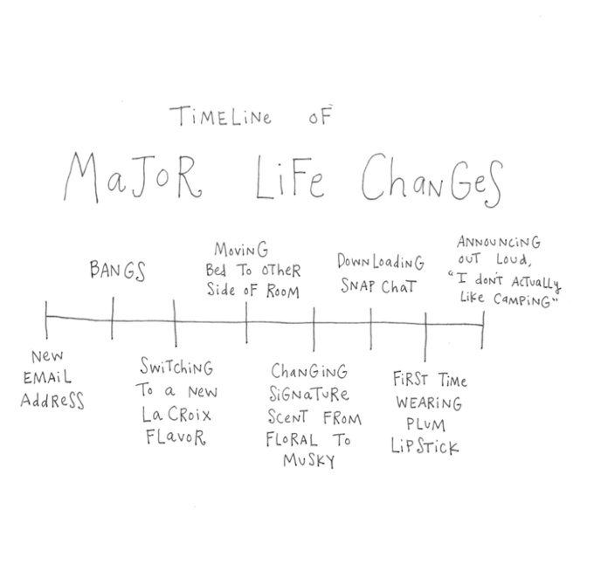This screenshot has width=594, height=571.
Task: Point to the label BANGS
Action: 117,271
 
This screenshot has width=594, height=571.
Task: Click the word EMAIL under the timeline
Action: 49,379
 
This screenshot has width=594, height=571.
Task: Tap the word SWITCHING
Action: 178,368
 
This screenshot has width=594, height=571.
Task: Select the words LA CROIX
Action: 176,414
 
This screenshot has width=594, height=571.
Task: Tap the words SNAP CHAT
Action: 379,286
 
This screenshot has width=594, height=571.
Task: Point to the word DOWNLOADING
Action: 381,262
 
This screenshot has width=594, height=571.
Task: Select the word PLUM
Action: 425,425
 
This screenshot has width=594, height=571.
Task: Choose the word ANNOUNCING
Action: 499,242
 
